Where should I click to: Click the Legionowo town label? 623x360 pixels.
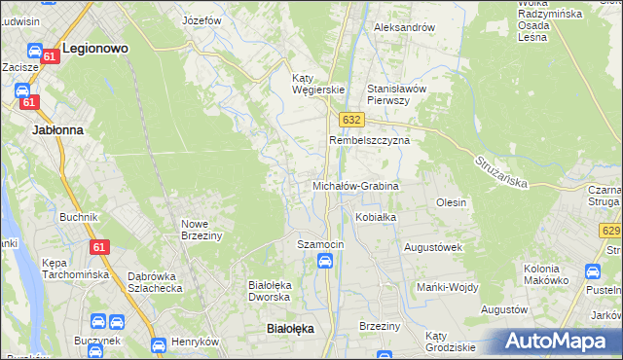(x=94, y=47)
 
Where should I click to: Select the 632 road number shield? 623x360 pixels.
(x=352, y=119)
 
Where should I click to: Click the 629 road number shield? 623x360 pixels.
(x=611, y=231)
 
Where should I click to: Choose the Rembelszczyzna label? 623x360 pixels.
(x=370, y=140)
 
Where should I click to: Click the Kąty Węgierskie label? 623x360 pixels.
(x=319, y=84)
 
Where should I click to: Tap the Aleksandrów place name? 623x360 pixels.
(x=404, y=27)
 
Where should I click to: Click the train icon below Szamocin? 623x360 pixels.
(x=326, y=261)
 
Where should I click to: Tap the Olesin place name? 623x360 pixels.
(x=452, y=202)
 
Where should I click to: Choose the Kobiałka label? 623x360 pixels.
(x=376, y=217)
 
